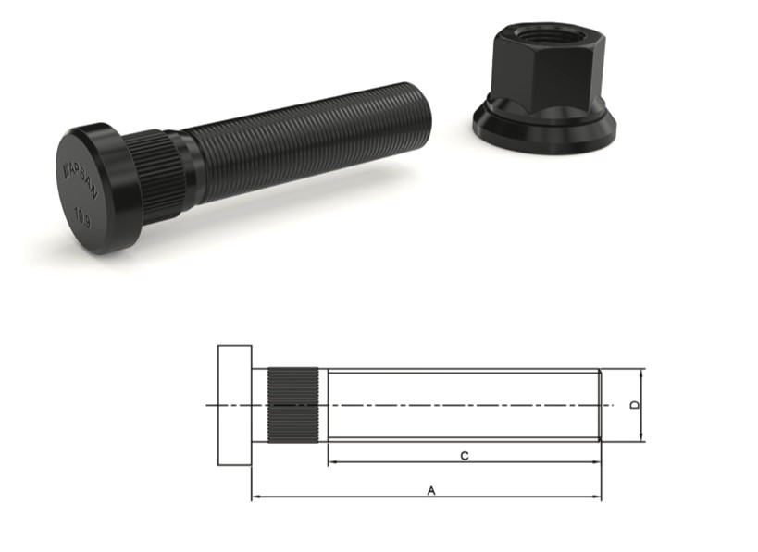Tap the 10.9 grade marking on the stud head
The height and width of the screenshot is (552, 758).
point(83,221)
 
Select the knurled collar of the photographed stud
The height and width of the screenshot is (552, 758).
point(154,176)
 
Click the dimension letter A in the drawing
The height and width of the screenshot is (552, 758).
point(430,491)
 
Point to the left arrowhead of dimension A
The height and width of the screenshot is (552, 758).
point(255,497)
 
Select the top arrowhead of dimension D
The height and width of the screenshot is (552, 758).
point(641,372)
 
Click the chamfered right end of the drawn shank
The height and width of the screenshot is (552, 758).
point(599,405)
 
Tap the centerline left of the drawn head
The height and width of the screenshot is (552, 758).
point(211,405)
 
